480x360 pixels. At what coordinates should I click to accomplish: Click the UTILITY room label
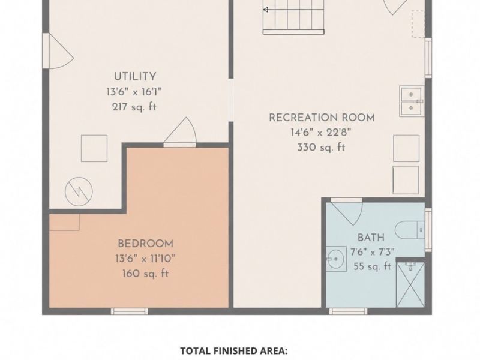(135, 77)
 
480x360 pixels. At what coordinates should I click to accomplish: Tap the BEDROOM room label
(145, 244)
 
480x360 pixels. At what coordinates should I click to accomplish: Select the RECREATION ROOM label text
(322, 118)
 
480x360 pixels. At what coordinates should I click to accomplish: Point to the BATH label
(371, 238)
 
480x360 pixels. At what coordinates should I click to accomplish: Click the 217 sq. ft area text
(134, 107)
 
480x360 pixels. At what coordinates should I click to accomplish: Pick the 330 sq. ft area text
(321, 148)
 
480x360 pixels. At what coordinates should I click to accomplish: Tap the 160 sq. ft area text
(145, 274)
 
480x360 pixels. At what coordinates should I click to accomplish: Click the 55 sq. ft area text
(373, 266)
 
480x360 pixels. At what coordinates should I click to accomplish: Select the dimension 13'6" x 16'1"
(134, 92)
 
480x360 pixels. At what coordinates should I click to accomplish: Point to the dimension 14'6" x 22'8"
(321, 133)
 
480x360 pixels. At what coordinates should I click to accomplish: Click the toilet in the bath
(410, 230)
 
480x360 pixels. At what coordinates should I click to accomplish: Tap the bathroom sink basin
(336, 259)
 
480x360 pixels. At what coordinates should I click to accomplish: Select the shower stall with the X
(410, 284)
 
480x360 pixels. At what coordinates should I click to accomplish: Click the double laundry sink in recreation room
(412, 101)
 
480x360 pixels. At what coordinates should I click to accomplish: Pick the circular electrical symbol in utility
(79, 192)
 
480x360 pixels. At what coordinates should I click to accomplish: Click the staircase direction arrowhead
(265, 10)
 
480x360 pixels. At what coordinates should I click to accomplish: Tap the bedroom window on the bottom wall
(129, 311)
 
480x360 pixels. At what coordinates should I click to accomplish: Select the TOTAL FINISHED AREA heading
(233, 351)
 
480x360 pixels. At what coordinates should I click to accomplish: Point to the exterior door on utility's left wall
(46, 51)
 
